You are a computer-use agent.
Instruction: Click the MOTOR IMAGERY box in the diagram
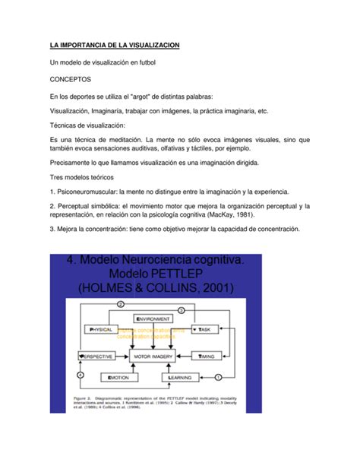(154, 356)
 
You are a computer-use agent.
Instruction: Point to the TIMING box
(208, 356)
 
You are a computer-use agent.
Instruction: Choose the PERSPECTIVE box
(96, 356)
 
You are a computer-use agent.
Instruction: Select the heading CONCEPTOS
(70, 78)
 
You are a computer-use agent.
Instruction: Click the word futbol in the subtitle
(144, 62)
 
